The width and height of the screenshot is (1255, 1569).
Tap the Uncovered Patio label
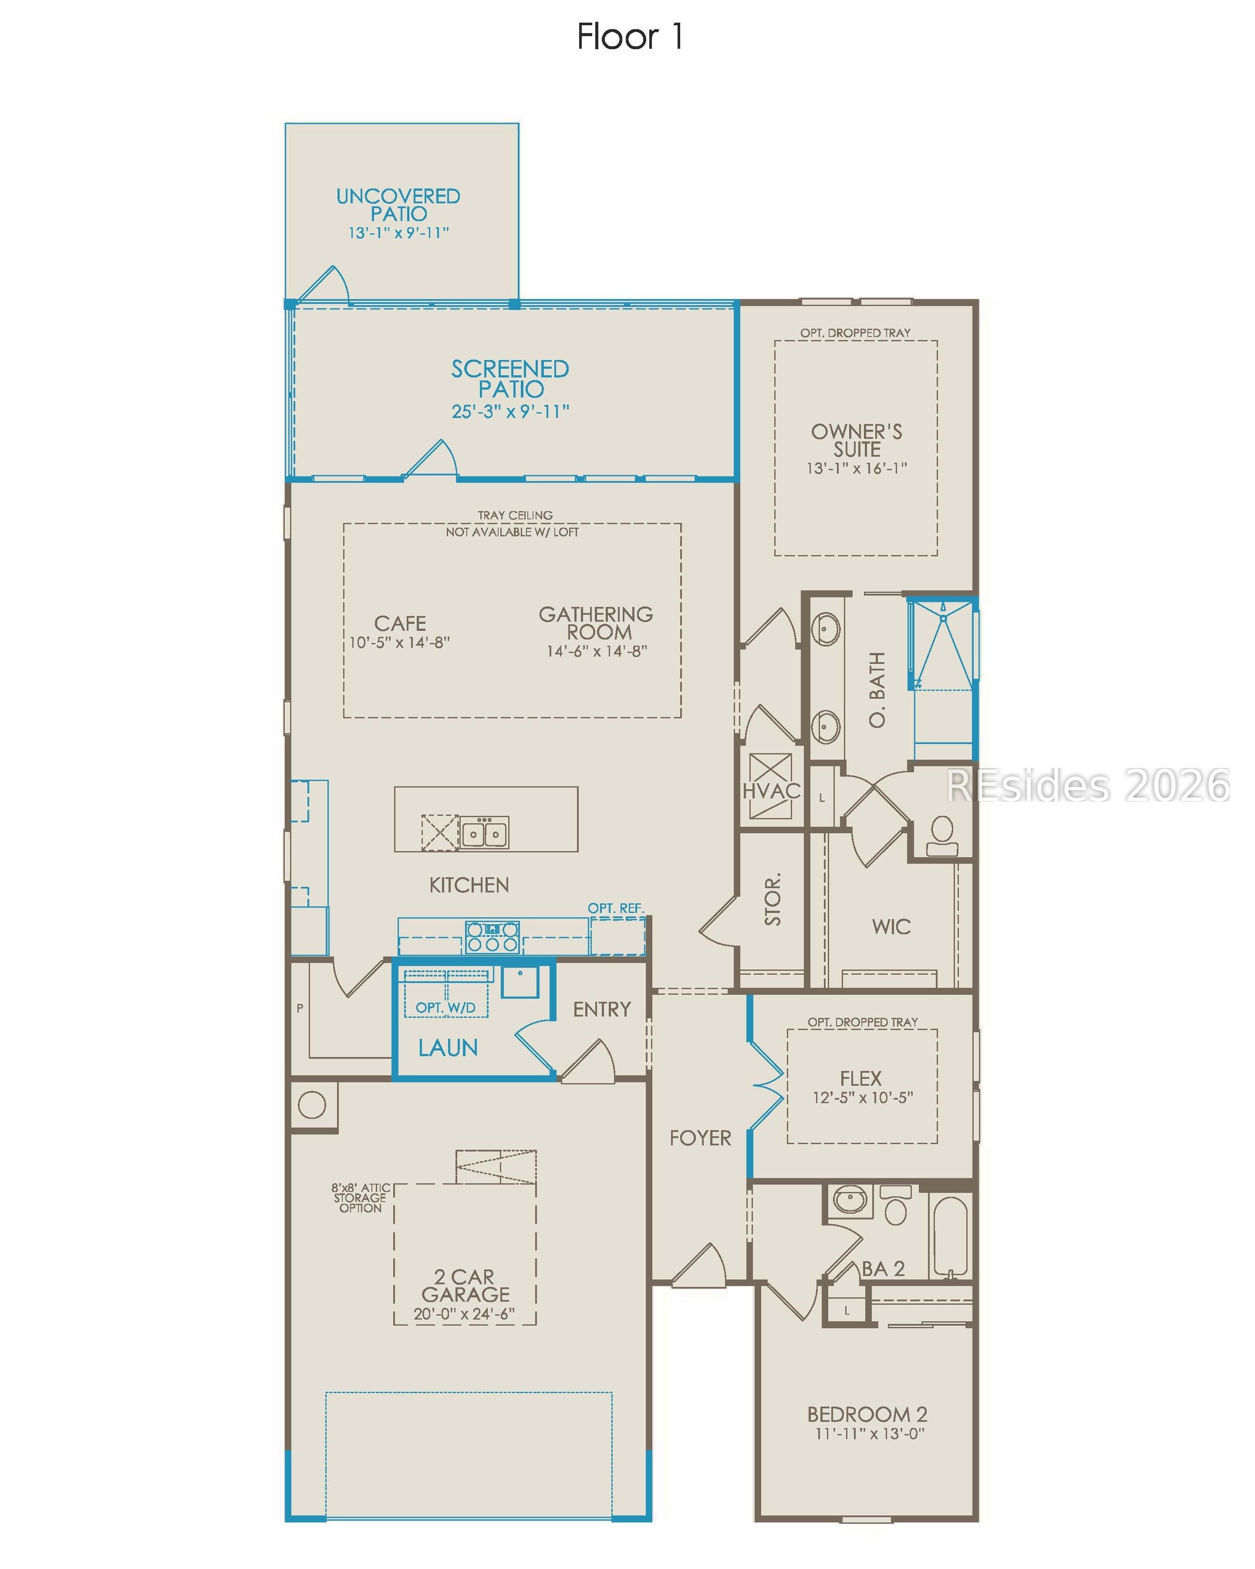tap(398, 205)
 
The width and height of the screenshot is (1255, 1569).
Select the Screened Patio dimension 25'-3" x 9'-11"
tap(510, 412)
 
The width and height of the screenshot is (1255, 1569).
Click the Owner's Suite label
tap(857, 440)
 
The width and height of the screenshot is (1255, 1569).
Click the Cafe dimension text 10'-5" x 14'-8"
tap(400, 643)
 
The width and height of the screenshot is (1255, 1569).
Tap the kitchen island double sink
tap(484, 832)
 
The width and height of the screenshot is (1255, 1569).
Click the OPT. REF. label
tap(616, 908)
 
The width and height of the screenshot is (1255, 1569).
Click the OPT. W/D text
tap(445, 1008)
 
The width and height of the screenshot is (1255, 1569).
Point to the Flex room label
tap(861, 1078)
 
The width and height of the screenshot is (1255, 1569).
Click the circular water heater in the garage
tap(312, 1105)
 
